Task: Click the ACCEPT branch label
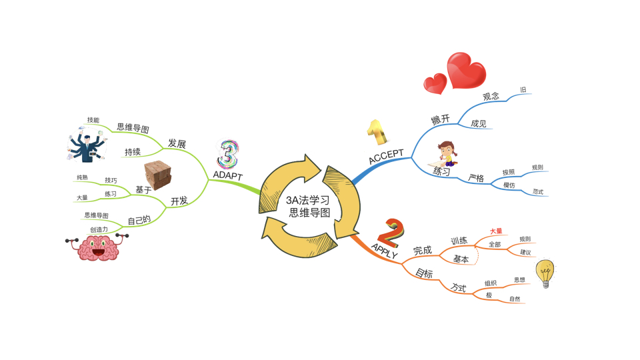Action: point(386,157)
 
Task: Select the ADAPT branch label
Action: point(228,175)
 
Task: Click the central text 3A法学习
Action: point(307,200)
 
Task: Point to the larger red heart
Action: point(466,70)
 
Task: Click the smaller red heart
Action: point(435,83)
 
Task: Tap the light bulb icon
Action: point(546,273)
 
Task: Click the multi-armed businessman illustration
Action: point(86,147)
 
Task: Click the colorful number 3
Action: point(228,154)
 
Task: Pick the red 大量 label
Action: point(496,231)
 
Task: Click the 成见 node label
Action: point(478,123)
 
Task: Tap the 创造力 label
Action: point(99,229)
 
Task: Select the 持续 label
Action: point(133,152)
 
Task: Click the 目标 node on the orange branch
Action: point(424,273)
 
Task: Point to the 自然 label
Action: point(515,299)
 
